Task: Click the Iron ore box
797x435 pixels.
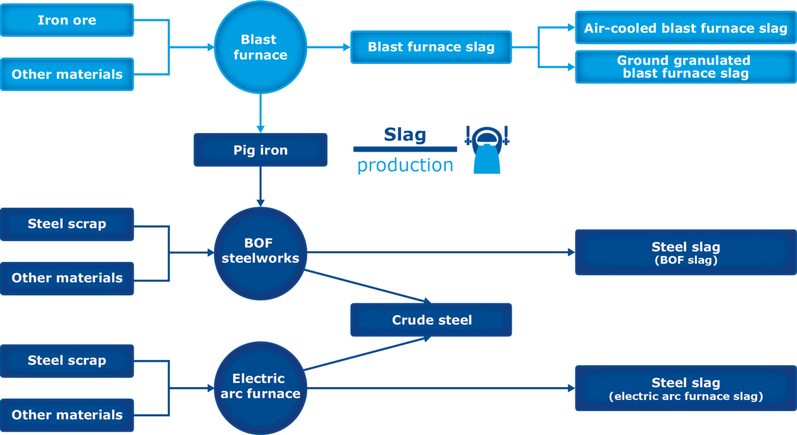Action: click(x=66, y=20)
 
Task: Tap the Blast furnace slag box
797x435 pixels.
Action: click(x=431, y=47)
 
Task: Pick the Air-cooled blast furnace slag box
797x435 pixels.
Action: click(x=685, y=28)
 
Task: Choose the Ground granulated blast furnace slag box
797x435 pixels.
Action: click(x=685, y=67)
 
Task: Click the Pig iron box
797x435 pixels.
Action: click(x=260, y=150)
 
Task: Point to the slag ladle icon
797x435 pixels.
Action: click(x=487, y=150)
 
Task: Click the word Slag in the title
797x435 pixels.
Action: click(x=404, y=135)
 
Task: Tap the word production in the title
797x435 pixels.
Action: click(x=405, y=165)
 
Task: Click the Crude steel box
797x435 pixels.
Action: click(x=431, y=320)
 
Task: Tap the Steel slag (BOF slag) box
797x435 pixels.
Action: click(x=685, y=253)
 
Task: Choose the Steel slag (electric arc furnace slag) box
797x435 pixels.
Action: click(x=685, y=388)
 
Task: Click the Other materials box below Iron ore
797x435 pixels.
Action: click(x=66, y=74)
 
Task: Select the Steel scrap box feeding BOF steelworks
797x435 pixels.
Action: click(x=66, y=224)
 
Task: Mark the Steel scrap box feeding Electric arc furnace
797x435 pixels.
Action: click(x=66, y=361)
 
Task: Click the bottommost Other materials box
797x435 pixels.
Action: click(x=66, y=414)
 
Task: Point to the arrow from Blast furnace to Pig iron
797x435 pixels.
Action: click(x=260, y=113)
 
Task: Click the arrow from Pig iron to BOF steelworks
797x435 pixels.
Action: click(x=260, y=186)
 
